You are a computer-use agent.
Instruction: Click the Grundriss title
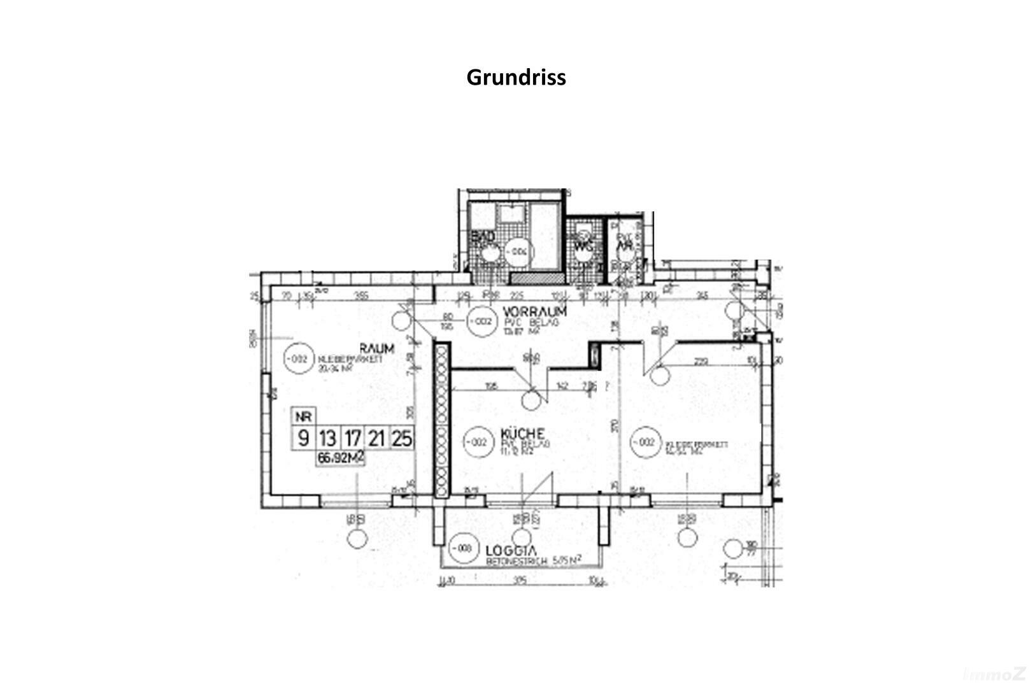point(516,77)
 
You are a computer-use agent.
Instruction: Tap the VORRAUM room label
point(534,311)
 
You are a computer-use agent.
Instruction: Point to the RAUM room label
point(377,349)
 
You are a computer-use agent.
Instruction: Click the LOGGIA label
point(511,551)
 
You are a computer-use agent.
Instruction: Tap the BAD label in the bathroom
point(483,238)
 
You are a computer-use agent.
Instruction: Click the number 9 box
point(304,438)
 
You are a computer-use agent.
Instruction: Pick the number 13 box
point(327,438)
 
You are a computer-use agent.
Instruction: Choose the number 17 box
point(352,438)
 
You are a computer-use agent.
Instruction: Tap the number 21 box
point(377,438)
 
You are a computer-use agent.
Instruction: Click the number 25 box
point(403,438)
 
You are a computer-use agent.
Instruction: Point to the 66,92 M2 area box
point(341,458)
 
